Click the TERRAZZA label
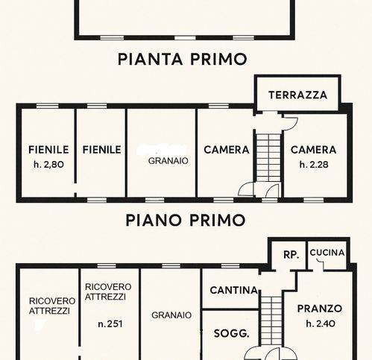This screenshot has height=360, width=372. [297, 95]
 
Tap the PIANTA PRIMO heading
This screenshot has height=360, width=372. [183, 60]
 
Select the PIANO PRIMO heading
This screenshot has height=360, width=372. [186, 220]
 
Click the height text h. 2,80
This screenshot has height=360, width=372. [48, 165]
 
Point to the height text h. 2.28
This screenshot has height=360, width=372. [314, 165]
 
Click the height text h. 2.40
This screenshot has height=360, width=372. [321, 323]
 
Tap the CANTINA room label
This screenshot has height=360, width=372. [234, 290]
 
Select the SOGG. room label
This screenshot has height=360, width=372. [231, 333]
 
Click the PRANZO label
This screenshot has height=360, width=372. [320, 309]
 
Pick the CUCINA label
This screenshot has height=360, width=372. [327, 253]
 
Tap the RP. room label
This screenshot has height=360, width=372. [291, 255]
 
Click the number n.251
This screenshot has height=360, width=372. [110, 324]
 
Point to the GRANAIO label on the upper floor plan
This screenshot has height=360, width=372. [168, 161]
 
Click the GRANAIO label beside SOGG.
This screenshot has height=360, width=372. [171, 315]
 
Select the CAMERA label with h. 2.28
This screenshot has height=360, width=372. [313, 150]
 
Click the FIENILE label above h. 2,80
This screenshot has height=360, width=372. [48, 150]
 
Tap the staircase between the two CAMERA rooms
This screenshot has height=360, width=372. [268, 157]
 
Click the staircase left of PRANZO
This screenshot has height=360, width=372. [272, 320]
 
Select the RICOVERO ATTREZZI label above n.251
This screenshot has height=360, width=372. [108, 291]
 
